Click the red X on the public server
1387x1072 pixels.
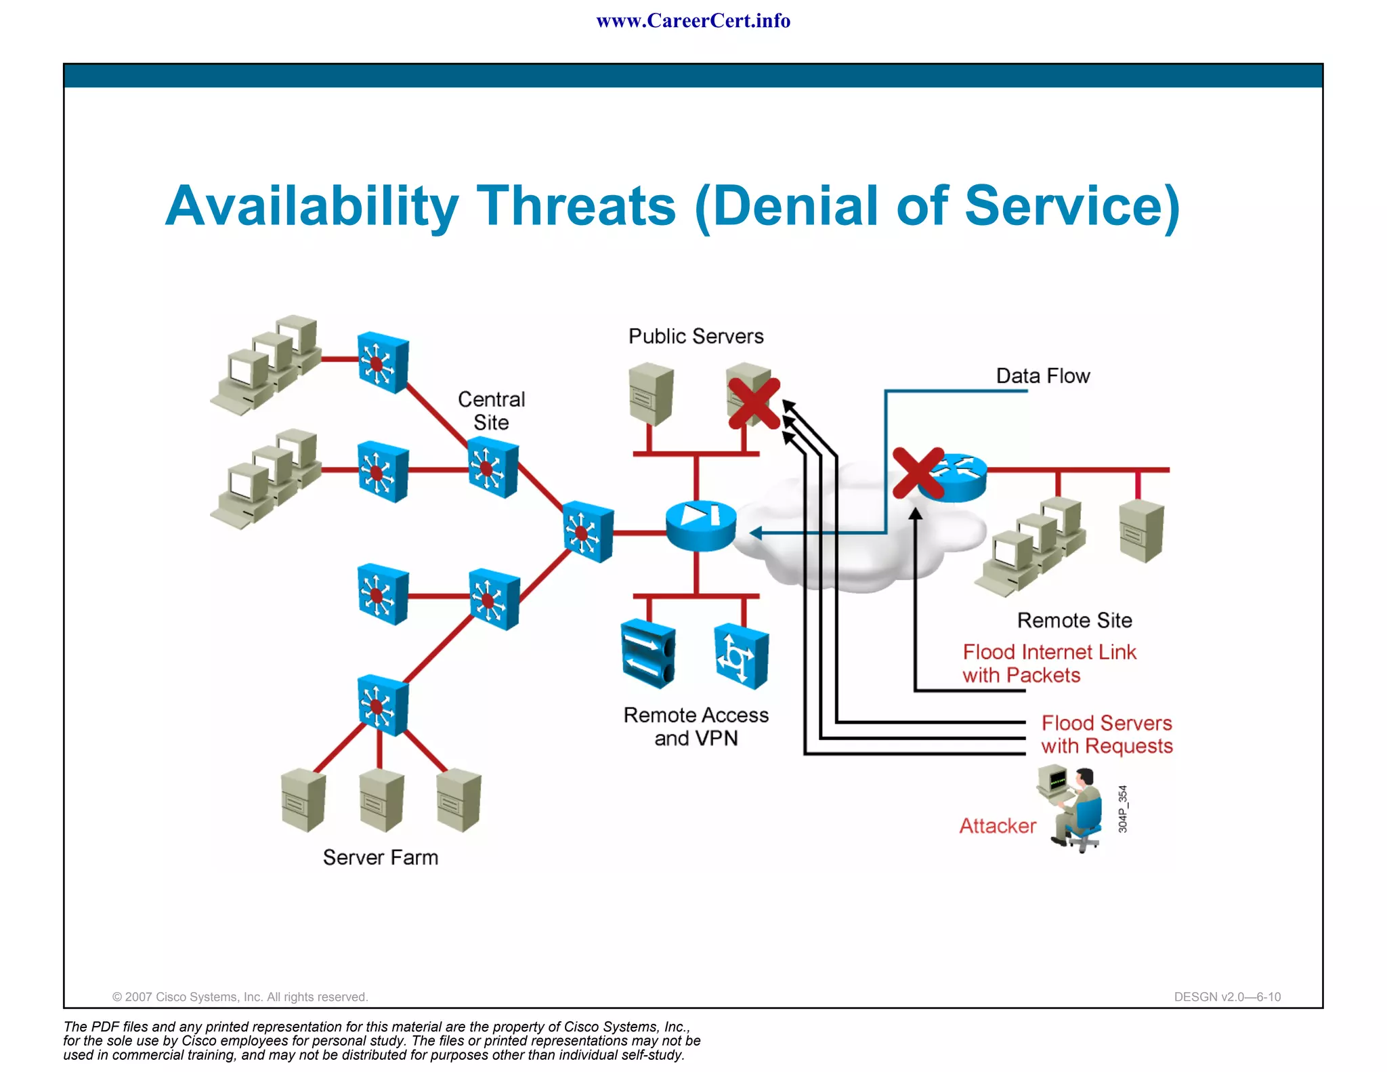754,404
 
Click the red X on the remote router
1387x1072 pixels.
918,472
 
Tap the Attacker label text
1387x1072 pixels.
997,826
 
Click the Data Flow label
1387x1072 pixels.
1042,376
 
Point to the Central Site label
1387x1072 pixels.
491,411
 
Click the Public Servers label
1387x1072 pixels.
696,336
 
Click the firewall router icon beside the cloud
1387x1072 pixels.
700,526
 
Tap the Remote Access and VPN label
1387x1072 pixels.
696,726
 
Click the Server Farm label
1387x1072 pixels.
380,857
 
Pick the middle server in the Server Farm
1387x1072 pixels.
381,801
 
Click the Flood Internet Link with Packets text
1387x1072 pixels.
1048,663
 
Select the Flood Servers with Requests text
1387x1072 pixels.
1106,735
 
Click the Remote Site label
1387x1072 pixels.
1074,620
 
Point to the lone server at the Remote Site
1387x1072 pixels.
1141,531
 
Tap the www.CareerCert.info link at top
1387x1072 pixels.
693,21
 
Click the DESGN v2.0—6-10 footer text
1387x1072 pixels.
1226,997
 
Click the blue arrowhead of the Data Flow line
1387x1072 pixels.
756,533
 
